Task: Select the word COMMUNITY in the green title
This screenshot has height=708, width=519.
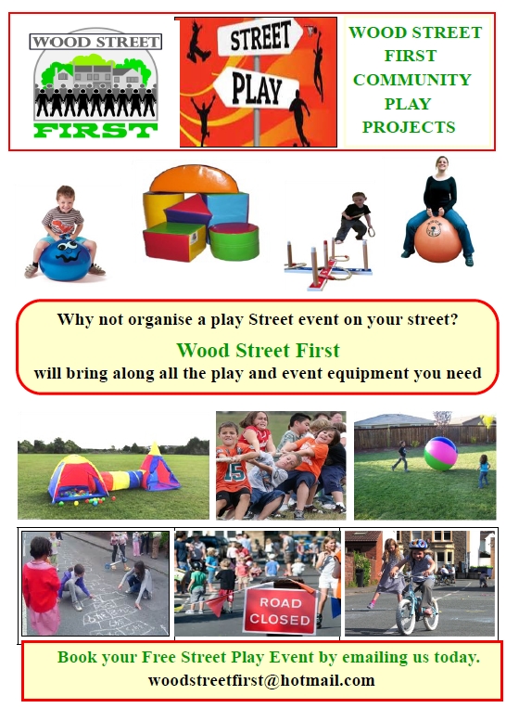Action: click(x=411, y=80)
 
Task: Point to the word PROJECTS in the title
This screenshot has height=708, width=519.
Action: click(x=409, y=127)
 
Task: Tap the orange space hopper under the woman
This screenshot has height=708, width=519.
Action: click(x=437, y=239)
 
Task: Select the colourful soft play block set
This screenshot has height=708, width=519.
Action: click(x=201, y=215)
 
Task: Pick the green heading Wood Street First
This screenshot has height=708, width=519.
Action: click(x=258, y=351)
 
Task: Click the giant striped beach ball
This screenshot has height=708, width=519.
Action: click(x=440, y=453)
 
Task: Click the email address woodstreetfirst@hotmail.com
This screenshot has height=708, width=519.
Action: click(x=261, y=680)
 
